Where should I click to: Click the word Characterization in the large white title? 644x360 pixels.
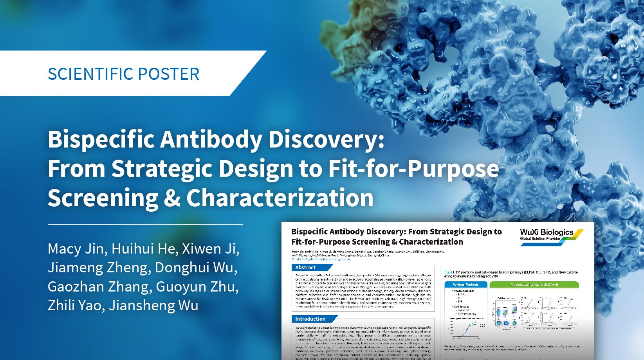280,198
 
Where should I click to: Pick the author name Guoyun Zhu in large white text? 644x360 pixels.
197,287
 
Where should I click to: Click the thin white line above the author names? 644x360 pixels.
145,225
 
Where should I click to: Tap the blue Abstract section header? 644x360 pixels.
305,268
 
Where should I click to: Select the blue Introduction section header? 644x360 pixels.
310,319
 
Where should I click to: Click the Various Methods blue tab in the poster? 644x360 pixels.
465,284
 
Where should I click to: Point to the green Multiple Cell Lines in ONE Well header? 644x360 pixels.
534,284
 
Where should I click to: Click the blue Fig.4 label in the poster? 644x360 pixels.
448,272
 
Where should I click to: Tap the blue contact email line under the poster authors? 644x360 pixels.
321,259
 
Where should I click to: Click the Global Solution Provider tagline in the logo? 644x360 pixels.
540,239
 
